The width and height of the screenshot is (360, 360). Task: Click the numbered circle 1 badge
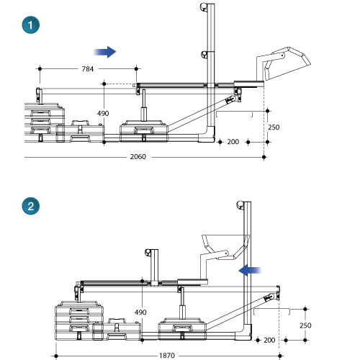point(31,25)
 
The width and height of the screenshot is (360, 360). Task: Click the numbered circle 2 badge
point(31,206)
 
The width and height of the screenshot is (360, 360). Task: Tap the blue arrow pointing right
point(105,52)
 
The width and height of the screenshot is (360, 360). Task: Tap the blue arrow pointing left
point(250,271)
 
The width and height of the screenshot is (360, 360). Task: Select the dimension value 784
point(88,69)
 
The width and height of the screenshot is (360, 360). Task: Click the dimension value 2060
point(138,157)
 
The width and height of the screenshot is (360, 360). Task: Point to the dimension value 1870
point(167,356)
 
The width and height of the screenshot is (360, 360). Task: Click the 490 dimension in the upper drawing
point(103,113)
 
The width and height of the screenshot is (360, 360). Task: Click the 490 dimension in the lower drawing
point(140,312)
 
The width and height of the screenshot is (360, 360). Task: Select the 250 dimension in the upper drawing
point(274,127)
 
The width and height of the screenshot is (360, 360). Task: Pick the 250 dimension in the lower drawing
point(305,325)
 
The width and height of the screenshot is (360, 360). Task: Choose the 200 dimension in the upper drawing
point(233,142)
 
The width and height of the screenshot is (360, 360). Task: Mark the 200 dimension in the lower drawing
point(269,340)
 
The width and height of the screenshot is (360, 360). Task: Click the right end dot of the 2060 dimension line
point(264,158)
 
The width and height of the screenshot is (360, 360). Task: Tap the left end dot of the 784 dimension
point(40,69)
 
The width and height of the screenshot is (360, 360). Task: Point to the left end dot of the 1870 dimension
point(56,356)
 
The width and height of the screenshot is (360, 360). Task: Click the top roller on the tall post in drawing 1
point(204,6)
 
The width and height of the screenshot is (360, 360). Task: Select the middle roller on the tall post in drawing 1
point(204,55)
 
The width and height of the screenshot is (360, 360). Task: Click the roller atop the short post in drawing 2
point(148,253)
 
